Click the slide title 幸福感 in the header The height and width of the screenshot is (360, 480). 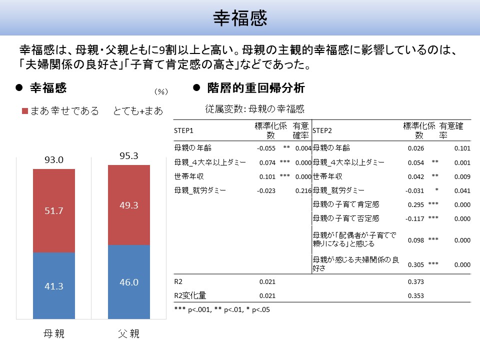[240, 18]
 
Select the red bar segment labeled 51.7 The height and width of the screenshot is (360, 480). [54, 210]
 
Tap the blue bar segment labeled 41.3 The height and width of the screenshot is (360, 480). [54, 286]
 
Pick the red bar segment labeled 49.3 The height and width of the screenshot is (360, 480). [128, 205]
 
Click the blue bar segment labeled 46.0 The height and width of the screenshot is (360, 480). [128, 282]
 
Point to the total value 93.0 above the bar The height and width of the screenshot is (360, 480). [54, 160]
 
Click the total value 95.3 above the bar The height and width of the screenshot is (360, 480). [128, 155]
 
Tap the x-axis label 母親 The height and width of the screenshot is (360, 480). [54, 334]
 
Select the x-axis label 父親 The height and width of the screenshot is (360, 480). [128, 334]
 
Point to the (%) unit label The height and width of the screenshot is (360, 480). [160, 91]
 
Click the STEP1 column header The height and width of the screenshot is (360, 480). [183, 130]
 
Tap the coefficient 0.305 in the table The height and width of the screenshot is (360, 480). [416, 265]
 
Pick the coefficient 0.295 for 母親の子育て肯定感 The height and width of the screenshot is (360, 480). [416, 204]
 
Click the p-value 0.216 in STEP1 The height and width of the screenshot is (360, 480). [303, 190]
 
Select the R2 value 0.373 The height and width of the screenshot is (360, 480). [416, 282]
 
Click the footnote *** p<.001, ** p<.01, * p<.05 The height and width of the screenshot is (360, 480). [222, 309]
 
